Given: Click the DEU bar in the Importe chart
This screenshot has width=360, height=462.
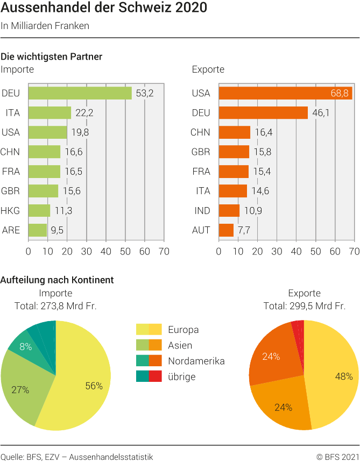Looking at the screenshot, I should (80, 93).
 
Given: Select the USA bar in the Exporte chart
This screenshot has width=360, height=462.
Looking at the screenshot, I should (285, 93).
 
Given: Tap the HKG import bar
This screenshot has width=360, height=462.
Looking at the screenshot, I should (39, 210).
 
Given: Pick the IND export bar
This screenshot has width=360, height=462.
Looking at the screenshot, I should (229, 210).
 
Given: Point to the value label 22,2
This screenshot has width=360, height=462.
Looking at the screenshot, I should (84, 113).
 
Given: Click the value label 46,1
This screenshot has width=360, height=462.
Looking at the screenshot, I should (321, 113).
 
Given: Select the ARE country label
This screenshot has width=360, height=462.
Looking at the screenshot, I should (11, 230).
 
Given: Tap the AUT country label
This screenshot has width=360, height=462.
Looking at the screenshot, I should (201, 230).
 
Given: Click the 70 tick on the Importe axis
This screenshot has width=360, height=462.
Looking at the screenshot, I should (164, 251).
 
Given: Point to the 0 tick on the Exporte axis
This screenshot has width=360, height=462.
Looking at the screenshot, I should (218, 251).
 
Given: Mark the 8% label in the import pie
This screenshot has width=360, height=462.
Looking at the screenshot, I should (26, 347).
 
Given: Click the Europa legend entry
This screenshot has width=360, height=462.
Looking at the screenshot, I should (183, 330).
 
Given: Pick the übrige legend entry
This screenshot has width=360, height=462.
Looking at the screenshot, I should (181, 376).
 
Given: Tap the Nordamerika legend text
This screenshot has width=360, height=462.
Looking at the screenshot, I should (196, 361).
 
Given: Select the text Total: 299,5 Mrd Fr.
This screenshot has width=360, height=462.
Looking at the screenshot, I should (304, 306).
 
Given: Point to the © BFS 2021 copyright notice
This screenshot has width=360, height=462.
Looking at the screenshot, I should (337, 457).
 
